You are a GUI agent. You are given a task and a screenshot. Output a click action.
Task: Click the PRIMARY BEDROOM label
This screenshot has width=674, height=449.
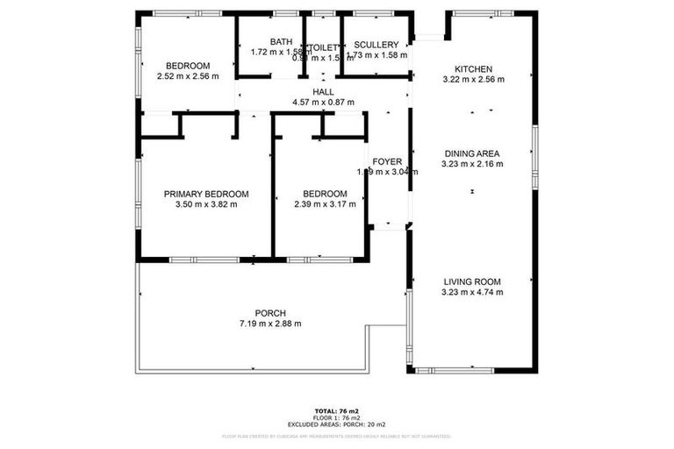(206, 194)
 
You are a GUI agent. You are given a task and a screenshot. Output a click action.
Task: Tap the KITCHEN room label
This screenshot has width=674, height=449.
(473, 69)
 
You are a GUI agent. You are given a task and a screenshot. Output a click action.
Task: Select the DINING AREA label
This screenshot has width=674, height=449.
(473, 153)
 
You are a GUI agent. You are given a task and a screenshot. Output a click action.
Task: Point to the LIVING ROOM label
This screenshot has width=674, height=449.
(472, 282)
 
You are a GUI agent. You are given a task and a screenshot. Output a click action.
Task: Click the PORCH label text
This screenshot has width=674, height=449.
(270, 313)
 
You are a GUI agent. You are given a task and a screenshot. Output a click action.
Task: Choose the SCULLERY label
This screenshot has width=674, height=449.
(376, 45)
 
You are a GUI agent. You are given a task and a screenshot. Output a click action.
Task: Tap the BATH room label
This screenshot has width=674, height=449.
(281, 42)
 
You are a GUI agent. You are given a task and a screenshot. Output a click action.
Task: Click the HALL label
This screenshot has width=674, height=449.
(323, 92)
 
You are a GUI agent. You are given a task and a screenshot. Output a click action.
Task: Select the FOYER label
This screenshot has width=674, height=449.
(387, 161)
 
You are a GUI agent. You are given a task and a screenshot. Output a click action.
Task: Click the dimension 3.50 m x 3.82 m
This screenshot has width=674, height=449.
(206, 204)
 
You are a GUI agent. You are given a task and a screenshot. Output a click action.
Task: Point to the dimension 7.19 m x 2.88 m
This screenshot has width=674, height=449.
(270, 324)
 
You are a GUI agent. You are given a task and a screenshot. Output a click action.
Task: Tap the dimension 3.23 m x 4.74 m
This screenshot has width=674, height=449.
(472, 292)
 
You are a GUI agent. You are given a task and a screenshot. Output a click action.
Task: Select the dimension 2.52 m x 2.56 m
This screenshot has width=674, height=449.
(188, 76)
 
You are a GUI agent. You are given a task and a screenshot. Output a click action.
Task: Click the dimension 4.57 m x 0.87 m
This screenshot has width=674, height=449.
(323, 103)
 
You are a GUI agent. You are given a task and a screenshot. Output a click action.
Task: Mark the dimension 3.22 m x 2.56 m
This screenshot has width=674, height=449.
(473, 80)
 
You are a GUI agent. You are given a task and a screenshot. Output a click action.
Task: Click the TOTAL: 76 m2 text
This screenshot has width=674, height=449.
(337, 410)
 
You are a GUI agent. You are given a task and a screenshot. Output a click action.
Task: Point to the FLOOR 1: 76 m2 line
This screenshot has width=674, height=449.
(337, 417)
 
